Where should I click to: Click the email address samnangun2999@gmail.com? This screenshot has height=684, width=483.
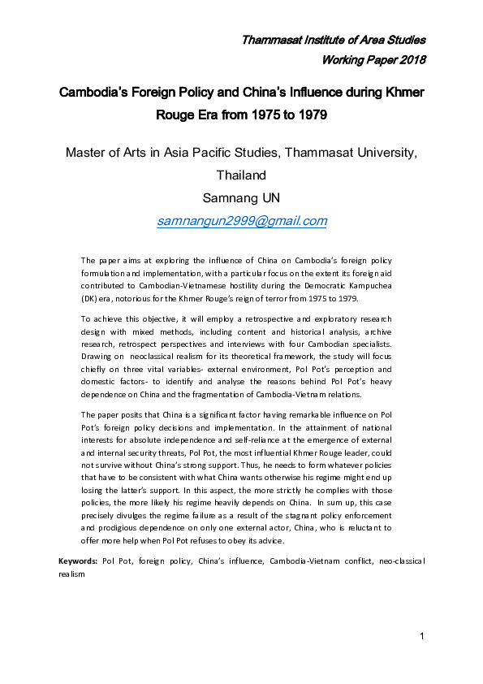point(242,221)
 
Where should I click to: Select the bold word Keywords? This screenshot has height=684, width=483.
point(78,561)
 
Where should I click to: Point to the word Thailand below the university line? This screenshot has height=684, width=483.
point(241,175)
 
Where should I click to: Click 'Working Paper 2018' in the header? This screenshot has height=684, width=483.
point(373,60)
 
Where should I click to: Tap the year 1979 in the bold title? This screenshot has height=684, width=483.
point(311,115)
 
